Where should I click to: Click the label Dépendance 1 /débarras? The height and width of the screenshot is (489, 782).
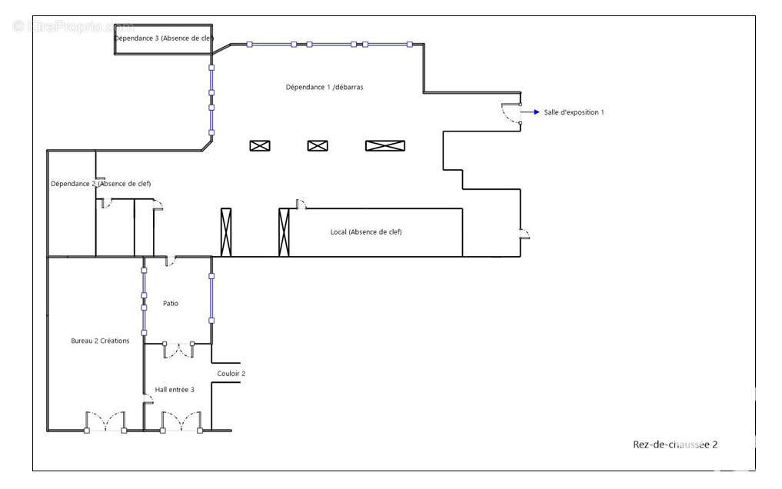tap(324, 88)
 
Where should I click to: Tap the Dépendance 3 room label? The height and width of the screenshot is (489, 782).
tap(164, 38)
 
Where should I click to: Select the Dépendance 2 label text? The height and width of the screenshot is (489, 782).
tap(101, 184)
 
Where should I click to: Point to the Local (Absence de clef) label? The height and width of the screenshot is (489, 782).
tap(366, 232)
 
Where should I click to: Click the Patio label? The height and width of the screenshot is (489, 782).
tap(171, 304)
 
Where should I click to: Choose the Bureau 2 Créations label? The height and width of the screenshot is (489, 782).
tap(100, 341)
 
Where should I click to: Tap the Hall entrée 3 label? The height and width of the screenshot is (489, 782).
tap(175, 390)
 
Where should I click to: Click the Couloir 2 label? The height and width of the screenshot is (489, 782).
tap(231, 374)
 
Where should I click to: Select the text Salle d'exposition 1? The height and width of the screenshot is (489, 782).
tap(574, 112)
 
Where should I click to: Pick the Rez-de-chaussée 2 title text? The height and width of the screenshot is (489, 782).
tap(675, 444)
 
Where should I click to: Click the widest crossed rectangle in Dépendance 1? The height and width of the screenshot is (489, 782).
tap(384, 146)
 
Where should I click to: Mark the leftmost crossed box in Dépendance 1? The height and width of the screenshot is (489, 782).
tap(260, 146)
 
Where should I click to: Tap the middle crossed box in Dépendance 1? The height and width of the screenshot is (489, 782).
tap(318, 146)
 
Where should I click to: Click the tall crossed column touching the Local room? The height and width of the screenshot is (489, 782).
tap(284, 232)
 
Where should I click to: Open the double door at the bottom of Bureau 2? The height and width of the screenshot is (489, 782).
tap(105, 422)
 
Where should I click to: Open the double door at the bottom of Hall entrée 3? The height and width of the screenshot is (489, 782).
tap(181, 422)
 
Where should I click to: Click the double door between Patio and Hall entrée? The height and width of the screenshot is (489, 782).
tap(178, 350)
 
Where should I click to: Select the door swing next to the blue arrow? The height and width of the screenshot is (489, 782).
tap(511, 115)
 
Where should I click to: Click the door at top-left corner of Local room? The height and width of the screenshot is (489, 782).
tap(301, 205)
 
